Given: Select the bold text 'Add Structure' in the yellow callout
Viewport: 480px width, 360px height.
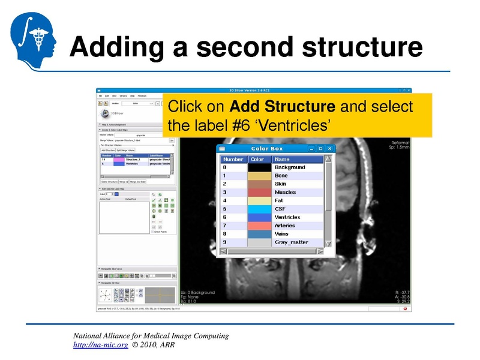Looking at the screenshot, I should pyautogui.click(x=283, y=107).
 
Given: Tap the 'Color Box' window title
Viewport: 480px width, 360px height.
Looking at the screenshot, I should pyautogui.click(x=267, y=148).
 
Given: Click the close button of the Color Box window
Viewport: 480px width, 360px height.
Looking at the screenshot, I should pyautogui.click(x=329, y=148).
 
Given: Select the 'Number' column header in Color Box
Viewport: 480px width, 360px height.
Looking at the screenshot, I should pyautogui.click(x=233, y=159).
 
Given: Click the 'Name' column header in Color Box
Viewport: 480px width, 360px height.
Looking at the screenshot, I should pyautogui.click(x=282, y=159).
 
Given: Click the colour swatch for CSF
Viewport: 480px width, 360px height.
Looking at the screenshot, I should pyautogui.click(x=259, y=209).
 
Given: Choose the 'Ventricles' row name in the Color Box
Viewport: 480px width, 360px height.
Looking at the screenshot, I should pyautogui.click(x=287, y=217).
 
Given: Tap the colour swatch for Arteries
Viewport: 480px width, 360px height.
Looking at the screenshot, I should pyautogui.click(x=259, y=226).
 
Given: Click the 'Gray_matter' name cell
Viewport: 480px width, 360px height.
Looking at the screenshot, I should pyautogui.click(x=291, y=242).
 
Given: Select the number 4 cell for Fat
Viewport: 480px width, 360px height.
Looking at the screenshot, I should pyautogui.click(x=225, y=200).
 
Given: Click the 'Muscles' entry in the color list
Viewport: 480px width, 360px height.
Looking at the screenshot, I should pyautogui.click(x=285, y=192).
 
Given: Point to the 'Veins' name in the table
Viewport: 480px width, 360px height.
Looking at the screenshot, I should pyautogui.click(x=282, y=234).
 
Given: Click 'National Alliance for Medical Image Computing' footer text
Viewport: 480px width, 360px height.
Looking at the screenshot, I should pyautogui.click(x=151, y=335).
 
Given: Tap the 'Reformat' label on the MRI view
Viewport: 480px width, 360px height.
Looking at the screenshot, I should pyautogui.click(x=400, y=143).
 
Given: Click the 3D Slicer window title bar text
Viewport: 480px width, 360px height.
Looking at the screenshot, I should pyautogui.click(x=254, y=91).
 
